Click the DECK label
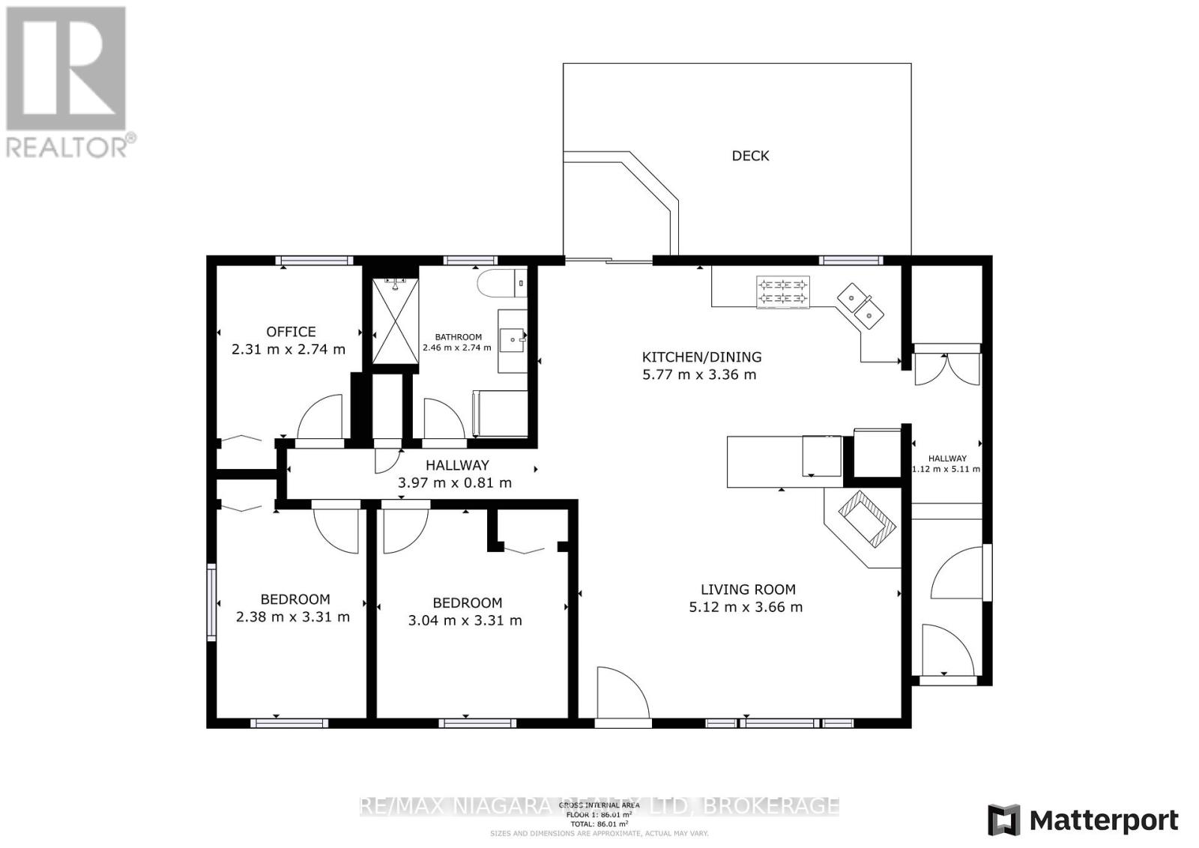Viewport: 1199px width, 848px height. (750, 156)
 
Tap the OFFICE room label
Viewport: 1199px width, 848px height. (291, 331)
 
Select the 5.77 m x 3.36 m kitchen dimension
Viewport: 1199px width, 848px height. (699, 375)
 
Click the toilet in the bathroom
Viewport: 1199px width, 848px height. (496, 283)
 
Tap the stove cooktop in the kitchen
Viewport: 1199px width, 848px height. (784, 292)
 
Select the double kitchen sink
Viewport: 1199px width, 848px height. (860, 305)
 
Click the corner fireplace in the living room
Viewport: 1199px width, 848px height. (866, 519)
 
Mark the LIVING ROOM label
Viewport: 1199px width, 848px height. (748, 590)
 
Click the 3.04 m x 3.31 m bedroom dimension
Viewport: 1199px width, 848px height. (465, 620)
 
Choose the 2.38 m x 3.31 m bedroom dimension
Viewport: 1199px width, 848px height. (292, 617)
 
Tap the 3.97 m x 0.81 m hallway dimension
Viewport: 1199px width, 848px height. (455, 483)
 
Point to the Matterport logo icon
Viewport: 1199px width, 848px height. (1003, 820)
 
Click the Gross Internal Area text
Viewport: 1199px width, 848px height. (599, 805)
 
